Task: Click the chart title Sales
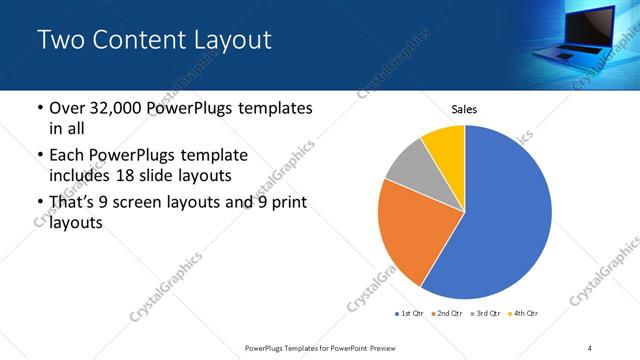tap(464, 108)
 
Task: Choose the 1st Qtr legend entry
tap(410, 314)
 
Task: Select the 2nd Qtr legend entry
tap(447, 314)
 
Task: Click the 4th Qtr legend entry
tap(524, 314)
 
